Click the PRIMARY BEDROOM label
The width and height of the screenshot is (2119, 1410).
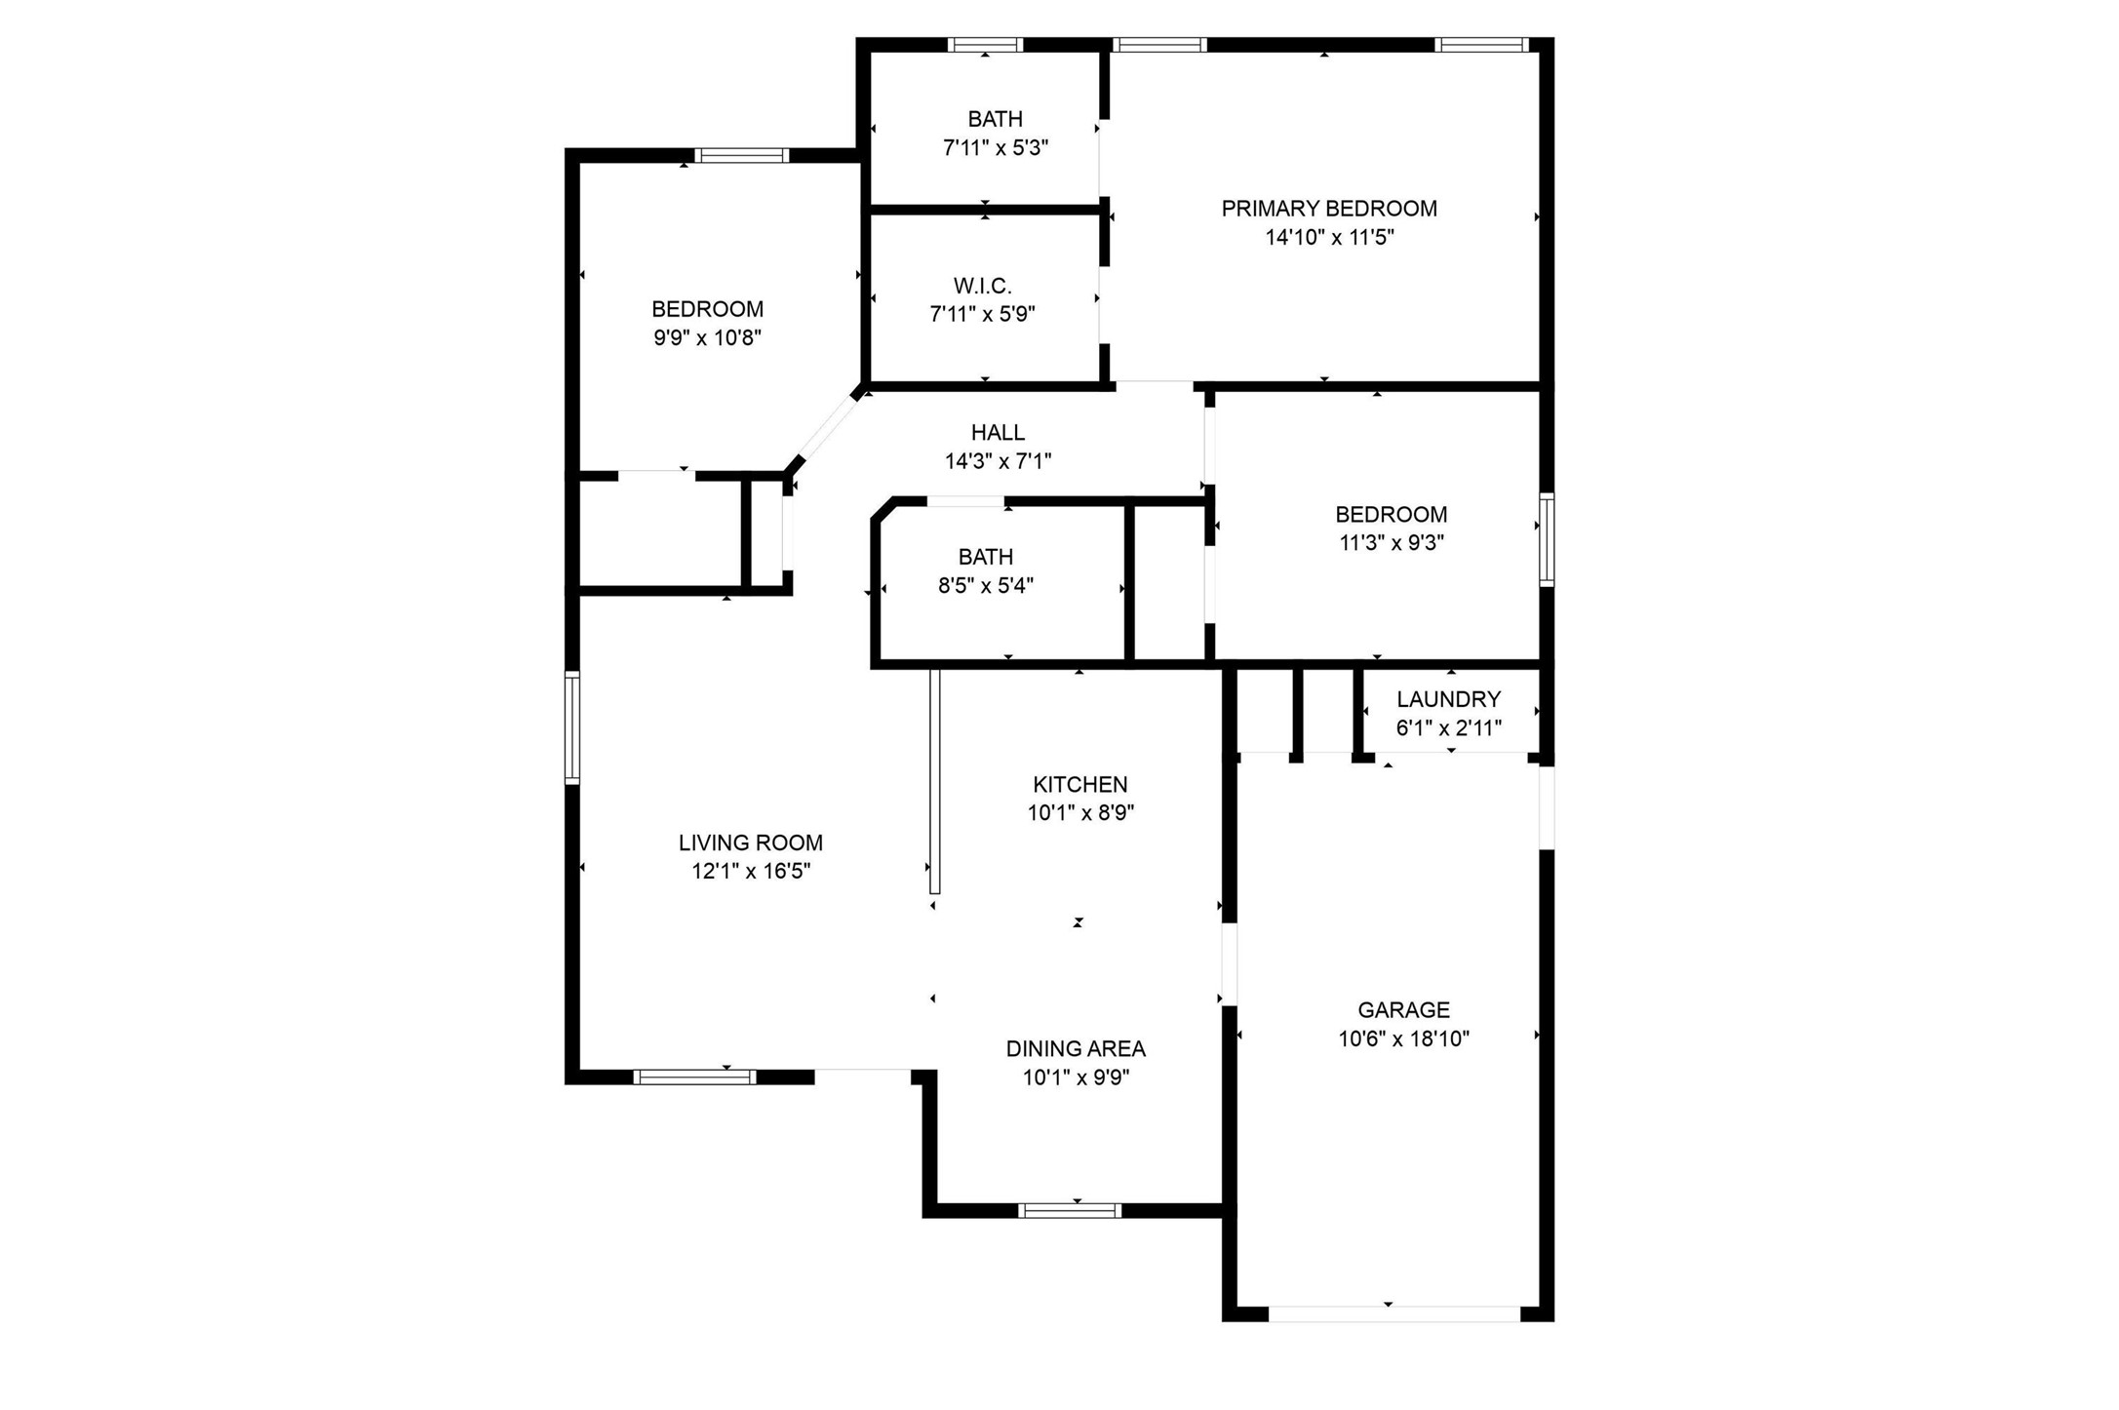coord(1329,209)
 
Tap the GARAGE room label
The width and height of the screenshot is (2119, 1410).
coord(1403,1010)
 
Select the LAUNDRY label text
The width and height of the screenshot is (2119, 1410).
coord(1448,699)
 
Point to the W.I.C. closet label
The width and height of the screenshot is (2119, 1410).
coord(983,286)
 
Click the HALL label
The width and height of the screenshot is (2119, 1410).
coord(998,432)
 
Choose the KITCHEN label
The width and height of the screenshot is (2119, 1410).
coord(1080,784)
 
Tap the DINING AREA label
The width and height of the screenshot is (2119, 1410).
coord(1076,1049)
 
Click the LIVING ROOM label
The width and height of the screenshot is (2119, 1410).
coord(751,842)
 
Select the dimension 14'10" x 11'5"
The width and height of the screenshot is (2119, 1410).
coord(1330,237)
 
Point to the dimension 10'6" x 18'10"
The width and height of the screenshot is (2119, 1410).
coord(1403,1038)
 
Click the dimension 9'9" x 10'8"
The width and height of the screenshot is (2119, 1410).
coord(708,338)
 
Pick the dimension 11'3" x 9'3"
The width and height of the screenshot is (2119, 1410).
coord(1392,543)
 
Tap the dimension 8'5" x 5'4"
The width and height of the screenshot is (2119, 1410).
coord(986,586)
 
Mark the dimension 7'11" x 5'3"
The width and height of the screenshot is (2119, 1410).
coord(996,148)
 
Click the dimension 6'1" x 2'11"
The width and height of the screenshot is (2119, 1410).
coord(1449,728)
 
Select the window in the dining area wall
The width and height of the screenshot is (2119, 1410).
coord(1070,1210)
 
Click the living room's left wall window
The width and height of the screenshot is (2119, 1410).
coord(572,727)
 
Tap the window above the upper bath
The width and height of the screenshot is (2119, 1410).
coord(985,44)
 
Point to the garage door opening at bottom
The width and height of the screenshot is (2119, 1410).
coord(1394,1314)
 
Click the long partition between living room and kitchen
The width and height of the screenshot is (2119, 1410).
coord(934,781)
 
